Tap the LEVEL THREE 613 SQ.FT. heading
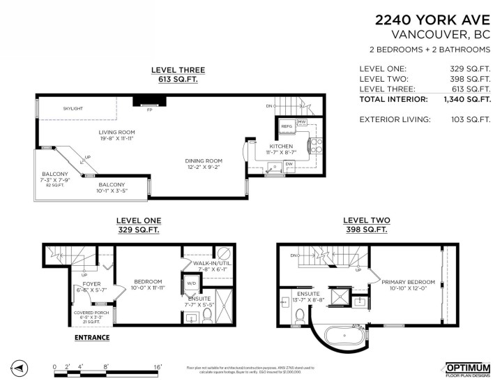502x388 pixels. point(178,75)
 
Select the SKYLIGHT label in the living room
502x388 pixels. point(73,109)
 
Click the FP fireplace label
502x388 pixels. point(149,110)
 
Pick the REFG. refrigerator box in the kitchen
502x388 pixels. point(287,126)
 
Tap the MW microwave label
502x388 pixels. point(302,121)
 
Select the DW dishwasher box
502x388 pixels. point(289,165)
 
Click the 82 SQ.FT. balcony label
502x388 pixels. point(54,185)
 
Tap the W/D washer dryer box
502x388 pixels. point(190,284)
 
